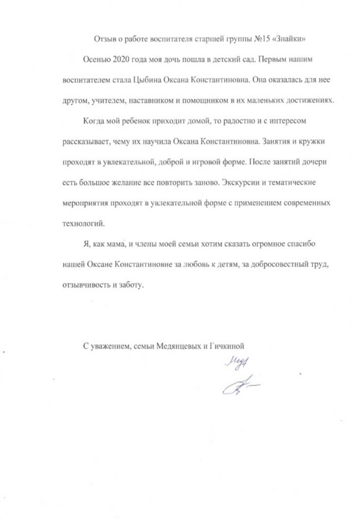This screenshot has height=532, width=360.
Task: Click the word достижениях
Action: (314, 100)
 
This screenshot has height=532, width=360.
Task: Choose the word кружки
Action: (313, 141)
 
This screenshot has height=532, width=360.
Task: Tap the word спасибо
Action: (297, 244)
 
